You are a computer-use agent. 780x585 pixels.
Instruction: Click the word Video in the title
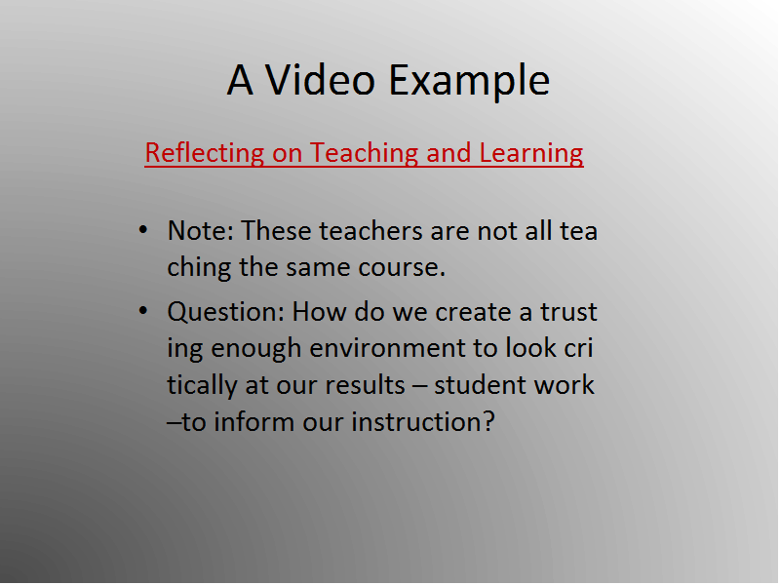pos(320,80)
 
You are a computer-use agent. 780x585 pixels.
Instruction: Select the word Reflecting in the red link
pos(205,153)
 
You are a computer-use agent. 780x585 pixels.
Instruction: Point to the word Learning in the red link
pos(531,153)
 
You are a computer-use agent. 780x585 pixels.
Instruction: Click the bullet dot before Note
pos(143,230)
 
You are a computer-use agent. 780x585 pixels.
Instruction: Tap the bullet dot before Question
pos(143,311)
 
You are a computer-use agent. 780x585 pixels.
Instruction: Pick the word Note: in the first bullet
pos(201,230)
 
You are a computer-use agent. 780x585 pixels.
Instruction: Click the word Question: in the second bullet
pos(225,313)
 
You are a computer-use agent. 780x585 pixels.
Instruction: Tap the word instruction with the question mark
pos(423,422)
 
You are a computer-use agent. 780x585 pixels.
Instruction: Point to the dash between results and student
pos(419,386)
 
